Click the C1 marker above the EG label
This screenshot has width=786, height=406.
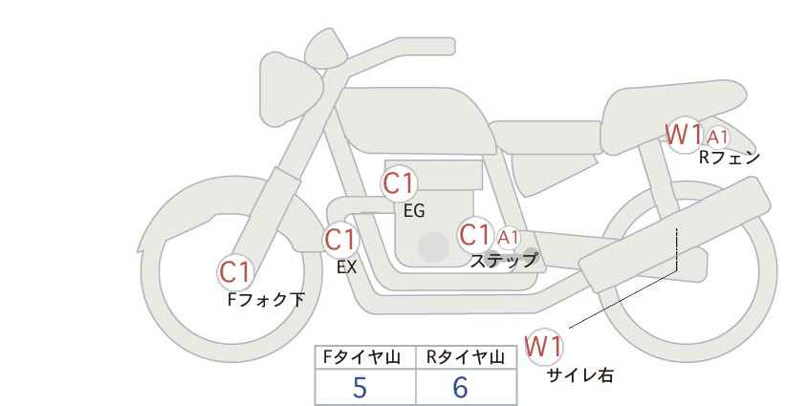click(x=399, y=184)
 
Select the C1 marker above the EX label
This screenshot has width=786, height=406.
click(x=340, y=240)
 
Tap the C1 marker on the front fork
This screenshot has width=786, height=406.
click(x=235, y=272)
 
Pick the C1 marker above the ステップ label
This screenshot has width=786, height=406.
click(x=475, y=235)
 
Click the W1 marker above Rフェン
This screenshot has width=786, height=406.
click(x=685, y=135)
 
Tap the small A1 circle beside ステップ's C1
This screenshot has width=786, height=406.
click(x=508, y=237)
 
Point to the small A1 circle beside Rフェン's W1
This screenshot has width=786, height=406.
click(x=718, y=137)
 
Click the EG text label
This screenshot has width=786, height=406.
click(x=413, y=211)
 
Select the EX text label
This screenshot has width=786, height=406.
click(x=346, y=267)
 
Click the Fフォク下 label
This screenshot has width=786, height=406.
click(x=266, y=299)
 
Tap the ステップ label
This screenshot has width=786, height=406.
click(x=504, y=259)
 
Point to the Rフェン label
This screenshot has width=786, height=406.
click(x=728, y=159)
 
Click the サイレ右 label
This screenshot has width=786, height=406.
click(x=579, y=374)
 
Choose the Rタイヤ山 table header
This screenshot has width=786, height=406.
click(x=465, y=357)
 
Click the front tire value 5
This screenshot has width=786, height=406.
click(x=360, y=387)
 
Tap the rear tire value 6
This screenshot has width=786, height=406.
click(x=461, y=387)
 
